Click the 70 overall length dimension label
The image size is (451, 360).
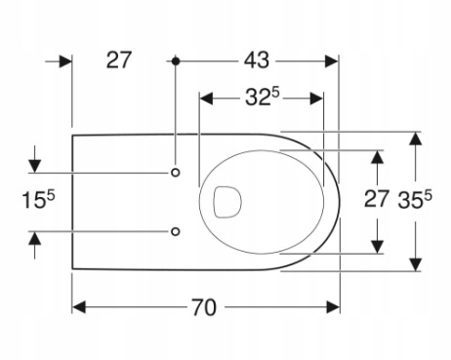coord(203,307)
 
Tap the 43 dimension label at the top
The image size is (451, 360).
coord(257,60)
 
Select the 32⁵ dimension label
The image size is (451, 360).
coord(263,97)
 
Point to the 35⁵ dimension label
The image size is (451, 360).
coord(415,199)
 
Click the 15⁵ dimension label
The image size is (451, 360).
coord(38,199)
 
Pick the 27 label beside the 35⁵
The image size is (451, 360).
coord(377,199)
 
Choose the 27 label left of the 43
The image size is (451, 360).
coord(119,60)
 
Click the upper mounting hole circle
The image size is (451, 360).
coord(176,173)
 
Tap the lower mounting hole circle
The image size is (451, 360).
coord(176,231)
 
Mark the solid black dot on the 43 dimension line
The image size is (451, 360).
coord(176,60)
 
